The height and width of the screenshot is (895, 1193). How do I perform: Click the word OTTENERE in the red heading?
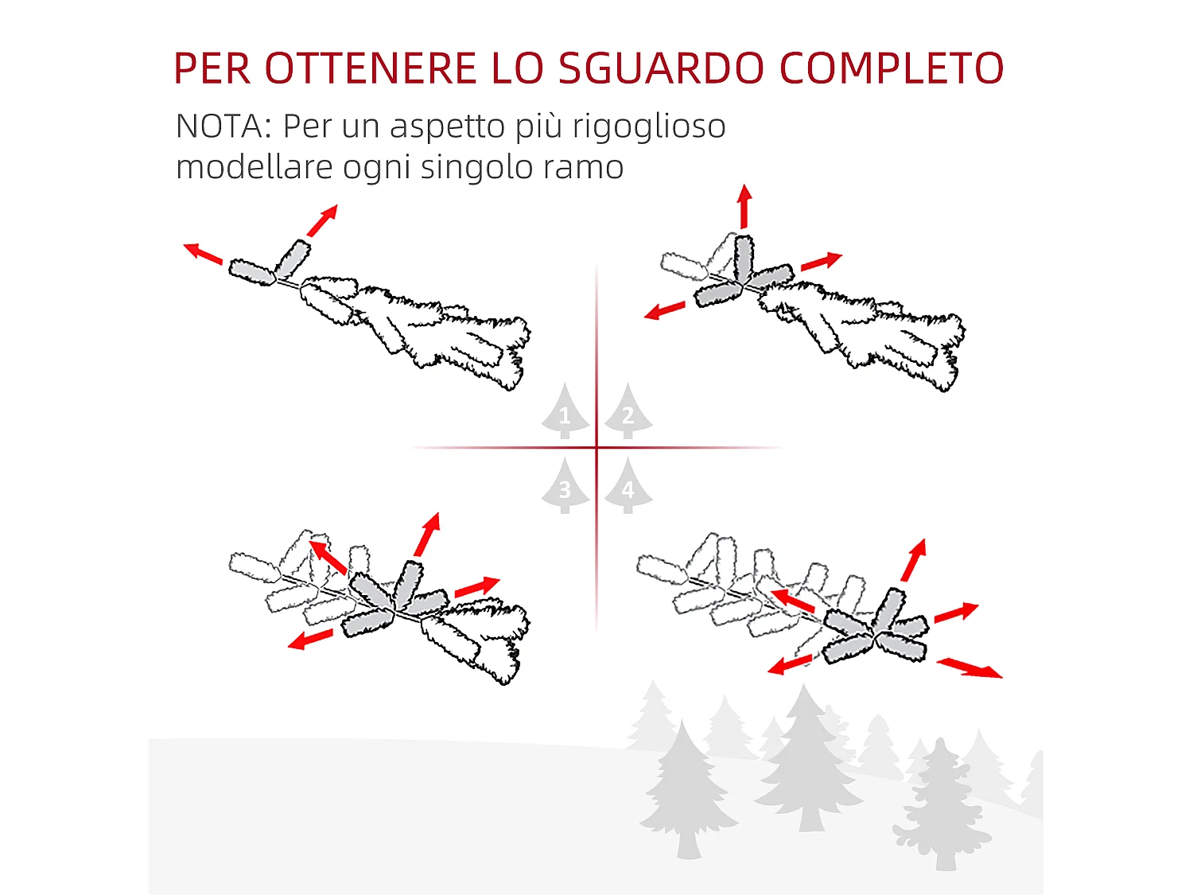[370, 68]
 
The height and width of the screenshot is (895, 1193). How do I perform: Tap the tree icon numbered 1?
[565, 412]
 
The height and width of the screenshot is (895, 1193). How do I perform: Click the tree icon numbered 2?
[628, 412]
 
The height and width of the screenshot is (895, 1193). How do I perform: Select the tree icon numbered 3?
[565, 487]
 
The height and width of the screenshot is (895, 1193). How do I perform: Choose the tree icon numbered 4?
[628, 487]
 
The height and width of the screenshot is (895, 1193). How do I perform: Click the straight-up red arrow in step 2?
[744, 207]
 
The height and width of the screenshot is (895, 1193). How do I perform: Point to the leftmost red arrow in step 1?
[203, 254]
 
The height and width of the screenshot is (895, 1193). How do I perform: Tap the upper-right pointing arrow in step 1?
[322, 220]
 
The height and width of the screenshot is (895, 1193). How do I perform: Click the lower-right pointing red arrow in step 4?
[969, 667]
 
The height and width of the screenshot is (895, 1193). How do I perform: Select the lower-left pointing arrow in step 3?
[310, 639]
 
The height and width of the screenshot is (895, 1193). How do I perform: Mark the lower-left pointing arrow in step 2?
[665, 310]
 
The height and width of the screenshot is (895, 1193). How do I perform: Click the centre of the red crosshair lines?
[596, 448]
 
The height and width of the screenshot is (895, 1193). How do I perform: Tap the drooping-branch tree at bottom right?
[942, 804]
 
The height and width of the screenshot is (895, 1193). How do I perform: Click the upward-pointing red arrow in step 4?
[914, 560]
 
